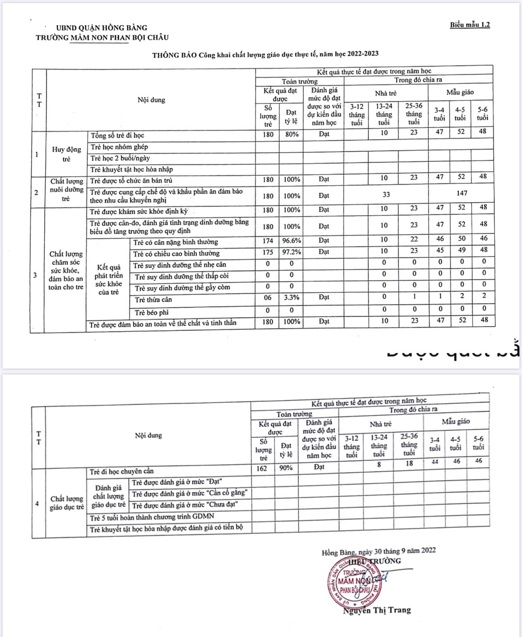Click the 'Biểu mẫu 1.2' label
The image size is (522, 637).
469,25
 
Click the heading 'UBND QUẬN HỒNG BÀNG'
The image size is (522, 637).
101,27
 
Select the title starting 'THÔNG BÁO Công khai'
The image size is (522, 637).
265,55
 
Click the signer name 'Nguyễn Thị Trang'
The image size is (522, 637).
377,610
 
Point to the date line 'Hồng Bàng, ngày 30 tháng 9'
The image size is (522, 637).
378,551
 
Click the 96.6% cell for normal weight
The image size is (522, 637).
291,241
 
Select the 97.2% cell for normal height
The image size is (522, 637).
291,252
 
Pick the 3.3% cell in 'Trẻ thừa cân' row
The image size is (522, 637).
291,297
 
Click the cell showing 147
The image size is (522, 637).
462,193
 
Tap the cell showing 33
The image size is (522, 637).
386,195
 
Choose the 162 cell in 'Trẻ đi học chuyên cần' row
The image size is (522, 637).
262,468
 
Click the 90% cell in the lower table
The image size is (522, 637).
286,468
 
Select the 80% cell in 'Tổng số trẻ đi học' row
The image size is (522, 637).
292,134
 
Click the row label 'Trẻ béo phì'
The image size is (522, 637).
152,312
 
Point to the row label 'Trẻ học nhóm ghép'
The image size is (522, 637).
119,147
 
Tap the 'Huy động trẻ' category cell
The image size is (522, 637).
67,154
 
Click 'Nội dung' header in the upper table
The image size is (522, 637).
151,100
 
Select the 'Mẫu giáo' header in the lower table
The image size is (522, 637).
455,422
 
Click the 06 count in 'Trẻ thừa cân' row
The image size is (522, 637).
268,297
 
